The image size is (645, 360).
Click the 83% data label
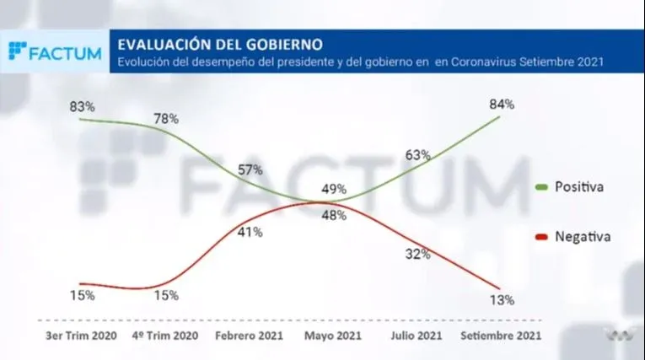82,107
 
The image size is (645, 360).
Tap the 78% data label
166,119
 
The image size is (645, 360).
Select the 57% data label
250,169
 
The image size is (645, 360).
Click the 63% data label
418,154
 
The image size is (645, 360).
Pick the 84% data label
502,104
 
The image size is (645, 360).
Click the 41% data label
250,232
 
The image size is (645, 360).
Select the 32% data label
418,253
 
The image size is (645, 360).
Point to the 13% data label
502,299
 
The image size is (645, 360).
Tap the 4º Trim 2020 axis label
166,336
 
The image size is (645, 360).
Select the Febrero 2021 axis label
250,336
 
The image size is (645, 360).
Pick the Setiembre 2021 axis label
502,336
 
